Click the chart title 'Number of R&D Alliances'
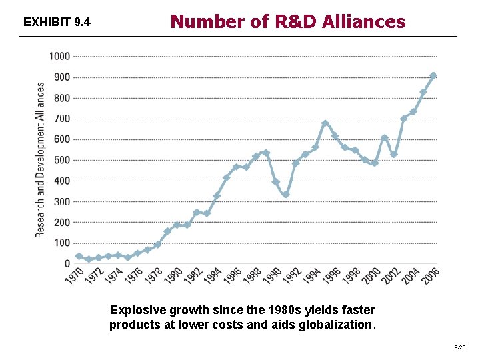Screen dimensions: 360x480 click(x=287, y=21)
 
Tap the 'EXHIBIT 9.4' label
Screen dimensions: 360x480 click(x=57, y=23)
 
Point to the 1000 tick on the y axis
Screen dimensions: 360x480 click(x=59, y=57)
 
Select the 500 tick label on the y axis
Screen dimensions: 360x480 click(x=61, y=160)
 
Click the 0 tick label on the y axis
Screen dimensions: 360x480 click(x=67, y=264)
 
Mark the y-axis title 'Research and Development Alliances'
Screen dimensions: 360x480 click(x=41, y=160)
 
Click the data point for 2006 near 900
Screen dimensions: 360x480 click(x=433, y=76)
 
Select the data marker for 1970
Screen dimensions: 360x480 click(x=79, y=256)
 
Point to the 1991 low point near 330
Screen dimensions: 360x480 click(x=285, y=195)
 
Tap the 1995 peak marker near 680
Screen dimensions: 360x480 click(x=325, y=123)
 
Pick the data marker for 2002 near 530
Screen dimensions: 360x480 click(x=393, y=154)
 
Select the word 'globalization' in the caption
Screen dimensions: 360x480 click(x=340, y=325)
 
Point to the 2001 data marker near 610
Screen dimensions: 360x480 click(x=384, y=138)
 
